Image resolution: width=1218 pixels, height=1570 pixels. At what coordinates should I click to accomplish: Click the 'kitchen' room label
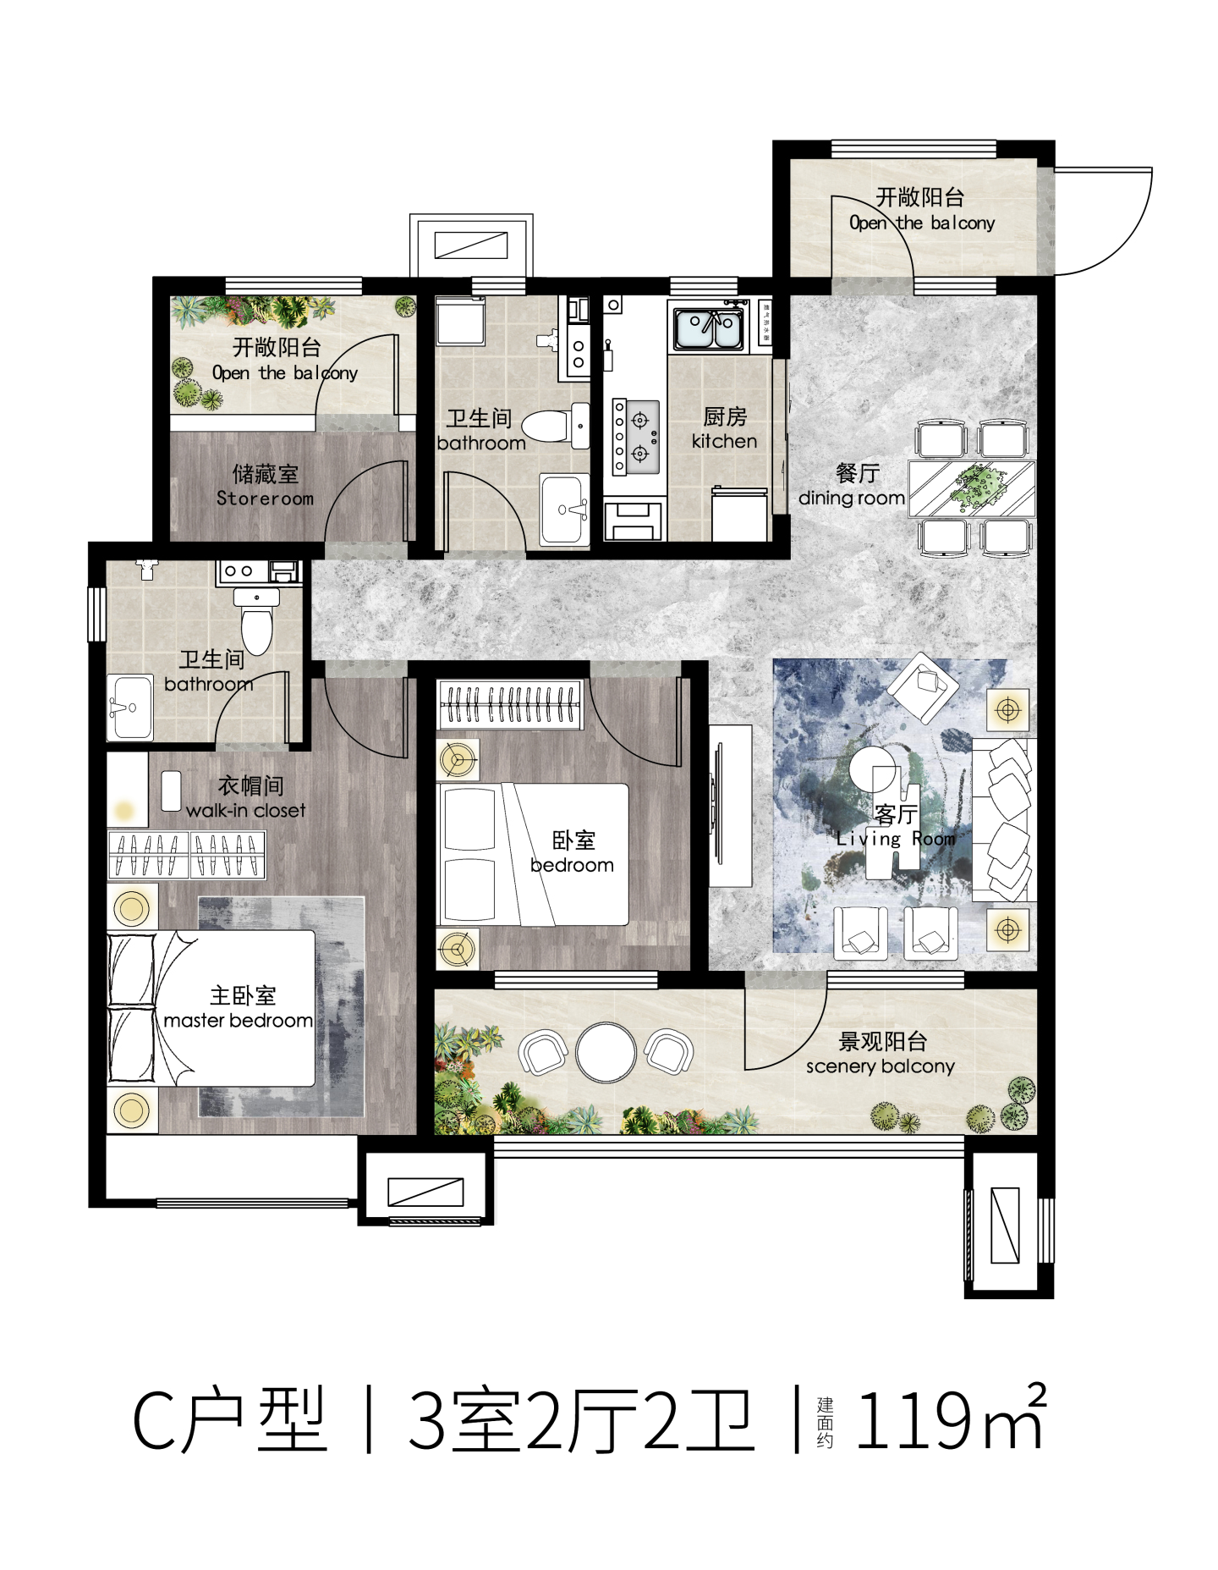[x=724, y=441]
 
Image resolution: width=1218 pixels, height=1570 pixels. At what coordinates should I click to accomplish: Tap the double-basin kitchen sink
[x=709, y=328]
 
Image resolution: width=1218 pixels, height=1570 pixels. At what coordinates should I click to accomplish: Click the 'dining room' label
[x=851, y=498]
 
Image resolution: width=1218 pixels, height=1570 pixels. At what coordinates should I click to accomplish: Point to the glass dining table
[x=972, y=488]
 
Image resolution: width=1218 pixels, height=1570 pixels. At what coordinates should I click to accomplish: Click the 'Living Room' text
[x=896, y=839]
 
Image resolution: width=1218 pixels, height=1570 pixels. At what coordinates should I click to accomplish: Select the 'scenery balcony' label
[x=880, y=1066]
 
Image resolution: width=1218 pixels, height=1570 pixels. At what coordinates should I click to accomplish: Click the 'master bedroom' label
[x=238, y=1021]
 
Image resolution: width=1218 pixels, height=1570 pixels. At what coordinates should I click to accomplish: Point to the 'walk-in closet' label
[x=245, y=810]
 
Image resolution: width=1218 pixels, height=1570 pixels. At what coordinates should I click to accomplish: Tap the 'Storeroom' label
[x=265, y=499]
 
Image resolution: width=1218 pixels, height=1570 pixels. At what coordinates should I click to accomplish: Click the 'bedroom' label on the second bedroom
[x=572, y=865]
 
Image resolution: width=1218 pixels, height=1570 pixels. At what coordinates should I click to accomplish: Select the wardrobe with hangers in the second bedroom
[x=510, y=704]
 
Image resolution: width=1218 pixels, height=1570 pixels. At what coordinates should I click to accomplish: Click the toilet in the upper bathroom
[x=556, y=425]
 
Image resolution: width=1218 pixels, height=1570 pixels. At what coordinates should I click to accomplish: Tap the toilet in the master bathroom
[x=256, y=620]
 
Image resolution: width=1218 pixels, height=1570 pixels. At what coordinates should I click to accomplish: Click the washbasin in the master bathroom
[x=130, y=708]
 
